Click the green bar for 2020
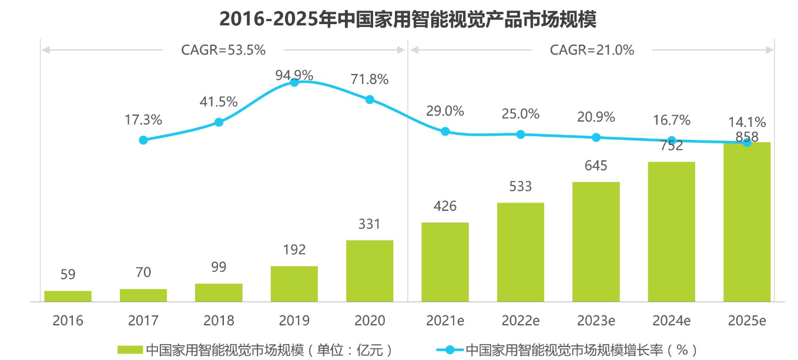[x=370, y=271]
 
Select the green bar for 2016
[x=68, y=296]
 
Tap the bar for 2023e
[x=596, y=241]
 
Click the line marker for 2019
[x=294, y=82]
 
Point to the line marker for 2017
[x=143, y=140]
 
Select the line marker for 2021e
[x=445, y=132]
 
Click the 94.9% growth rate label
[x=294, y=75]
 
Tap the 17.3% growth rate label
[x=143, y=120]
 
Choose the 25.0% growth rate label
[x=521, y=114]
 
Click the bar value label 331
[x=370, y=224]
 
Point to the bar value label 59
[x=68, y=274]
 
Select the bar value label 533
[x=521, y=187]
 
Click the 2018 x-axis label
[x=219, y=321]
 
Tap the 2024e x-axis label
[x=671, y=321]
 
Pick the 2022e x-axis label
[x=521, y=321]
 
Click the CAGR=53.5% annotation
[x=223, y=50]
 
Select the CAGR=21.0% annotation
[x=592, y=50]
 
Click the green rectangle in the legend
[x=130, y=350]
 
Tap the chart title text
[x=408, y=19]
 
